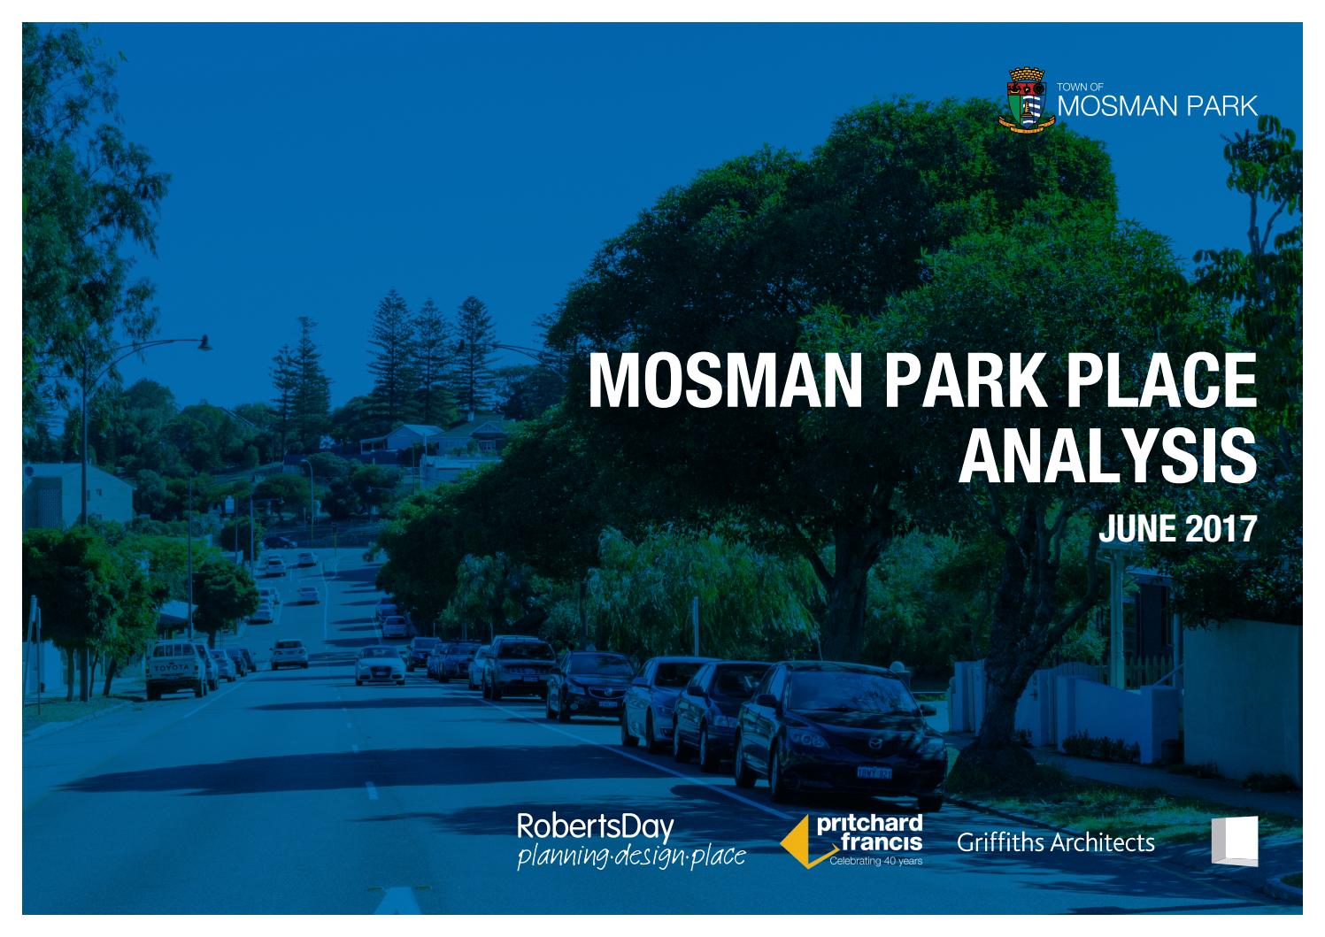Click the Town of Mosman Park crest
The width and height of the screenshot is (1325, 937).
(1026, 101)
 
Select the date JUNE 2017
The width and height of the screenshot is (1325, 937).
(1176, 528)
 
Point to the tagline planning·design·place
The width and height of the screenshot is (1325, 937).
(630, 856)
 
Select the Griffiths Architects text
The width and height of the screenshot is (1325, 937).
(1055, 842)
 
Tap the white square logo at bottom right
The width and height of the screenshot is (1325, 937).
(1234, 840)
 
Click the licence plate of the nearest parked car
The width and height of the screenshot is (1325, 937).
(873, 772)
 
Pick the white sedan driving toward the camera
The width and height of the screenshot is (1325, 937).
(380, 665)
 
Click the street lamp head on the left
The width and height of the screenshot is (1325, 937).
(204, 342)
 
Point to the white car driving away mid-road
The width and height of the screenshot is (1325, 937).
(289, 654)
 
